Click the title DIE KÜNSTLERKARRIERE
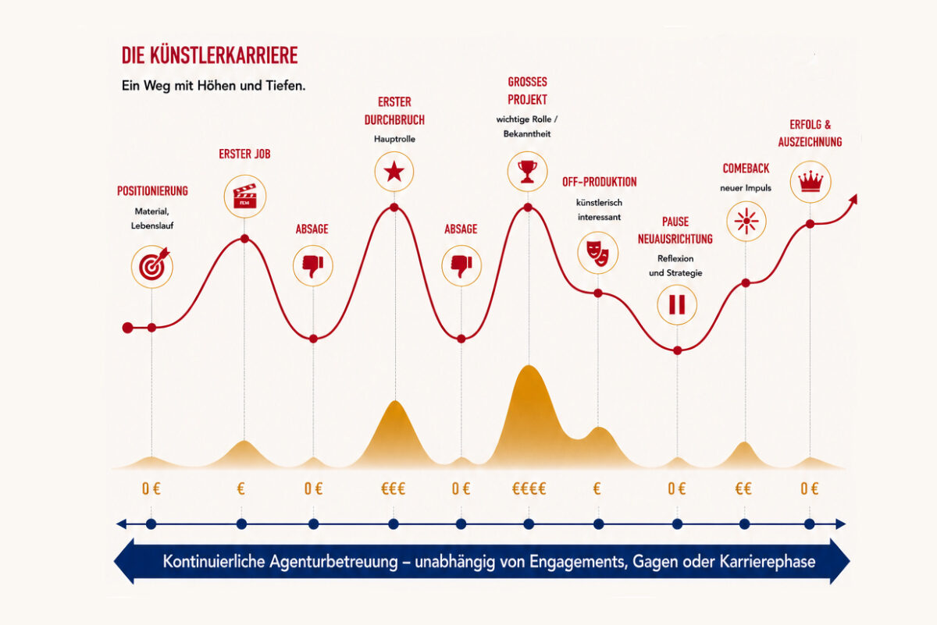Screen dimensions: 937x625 (209, 55)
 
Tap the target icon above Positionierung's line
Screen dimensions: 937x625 (152, 266)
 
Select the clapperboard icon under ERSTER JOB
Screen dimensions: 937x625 (244, 196)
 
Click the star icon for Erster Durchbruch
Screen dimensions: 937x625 (394, 172)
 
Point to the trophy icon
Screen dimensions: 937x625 (527, 172)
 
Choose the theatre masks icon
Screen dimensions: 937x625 (597, 253)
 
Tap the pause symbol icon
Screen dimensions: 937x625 (677, 304)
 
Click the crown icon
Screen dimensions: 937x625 (811, 182)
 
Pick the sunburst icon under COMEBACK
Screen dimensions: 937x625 (746, 221)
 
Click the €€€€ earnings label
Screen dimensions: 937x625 (529, 488)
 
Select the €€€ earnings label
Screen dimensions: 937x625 (394, 488)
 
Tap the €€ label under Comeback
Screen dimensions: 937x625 (743, 488)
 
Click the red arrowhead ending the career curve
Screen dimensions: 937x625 (853, 200)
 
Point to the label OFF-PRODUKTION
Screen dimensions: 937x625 (600, 182)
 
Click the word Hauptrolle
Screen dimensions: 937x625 (394, 139)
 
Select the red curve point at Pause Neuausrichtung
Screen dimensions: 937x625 (677, 350)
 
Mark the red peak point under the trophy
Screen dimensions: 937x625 (528, 207)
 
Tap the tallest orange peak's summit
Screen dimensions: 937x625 (529, 366)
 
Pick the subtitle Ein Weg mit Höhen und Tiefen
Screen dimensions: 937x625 (213, 86)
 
